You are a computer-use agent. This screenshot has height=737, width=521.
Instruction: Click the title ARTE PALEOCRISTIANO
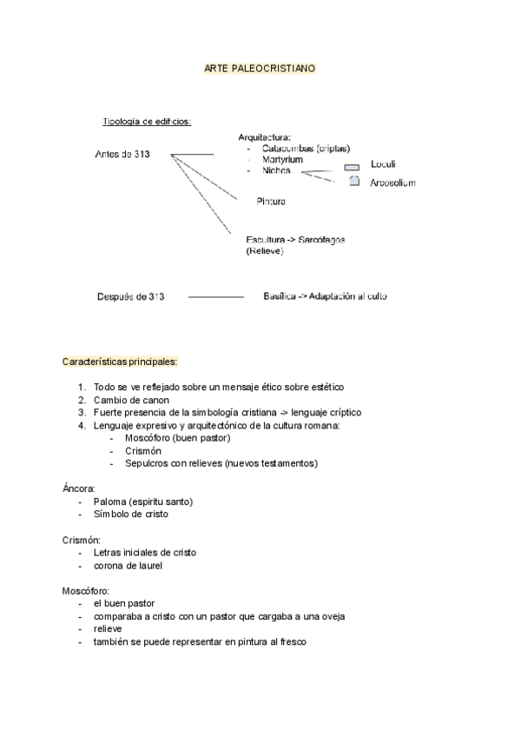260,67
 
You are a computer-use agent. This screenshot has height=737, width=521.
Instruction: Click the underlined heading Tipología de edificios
146,122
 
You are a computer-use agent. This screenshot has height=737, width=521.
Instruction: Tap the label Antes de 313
122,155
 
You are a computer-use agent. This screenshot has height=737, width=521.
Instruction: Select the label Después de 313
130,296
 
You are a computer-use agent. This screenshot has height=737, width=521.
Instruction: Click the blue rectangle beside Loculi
352,166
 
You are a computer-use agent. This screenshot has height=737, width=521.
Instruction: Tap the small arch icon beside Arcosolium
353,181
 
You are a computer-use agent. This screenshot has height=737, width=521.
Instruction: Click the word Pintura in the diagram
271,202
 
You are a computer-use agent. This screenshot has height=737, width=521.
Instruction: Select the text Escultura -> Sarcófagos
296,239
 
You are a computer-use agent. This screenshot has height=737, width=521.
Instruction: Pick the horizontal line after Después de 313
215,297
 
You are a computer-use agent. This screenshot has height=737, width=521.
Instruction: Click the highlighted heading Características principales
120,361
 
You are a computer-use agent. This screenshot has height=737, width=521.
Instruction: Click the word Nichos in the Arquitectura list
276,171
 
